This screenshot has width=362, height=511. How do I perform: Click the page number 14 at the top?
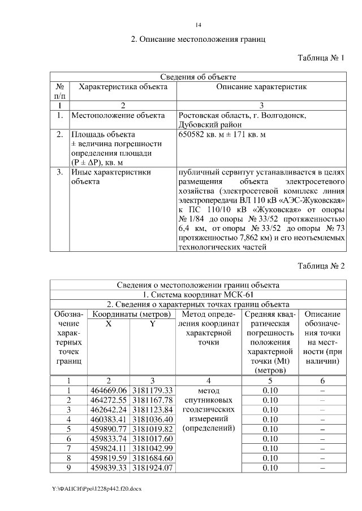[x=198, y=25]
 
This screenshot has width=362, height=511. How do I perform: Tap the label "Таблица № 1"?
[x=321, y=58]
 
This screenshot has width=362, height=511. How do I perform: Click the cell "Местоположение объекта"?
[x=118, y=116]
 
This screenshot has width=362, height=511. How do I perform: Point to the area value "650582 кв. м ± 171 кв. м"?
[x=222, y=136]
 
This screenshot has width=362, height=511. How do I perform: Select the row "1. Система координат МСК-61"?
[x=198, y=294]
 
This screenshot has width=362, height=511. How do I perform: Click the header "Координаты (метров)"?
[x=132, y=314]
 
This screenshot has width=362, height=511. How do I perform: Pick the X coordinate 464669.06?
[x=109, y=390]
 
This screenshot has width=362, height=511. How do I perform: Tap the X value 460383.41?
[x=109, y=419]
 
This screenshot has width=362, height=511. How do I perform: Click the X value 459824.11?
[x=109, y=448]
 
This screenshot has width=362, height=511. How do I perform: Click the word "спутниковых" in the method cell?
[x=209, y=400]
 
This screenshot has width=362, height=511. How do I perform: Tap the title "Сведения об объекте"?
[x=198, y=77]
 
